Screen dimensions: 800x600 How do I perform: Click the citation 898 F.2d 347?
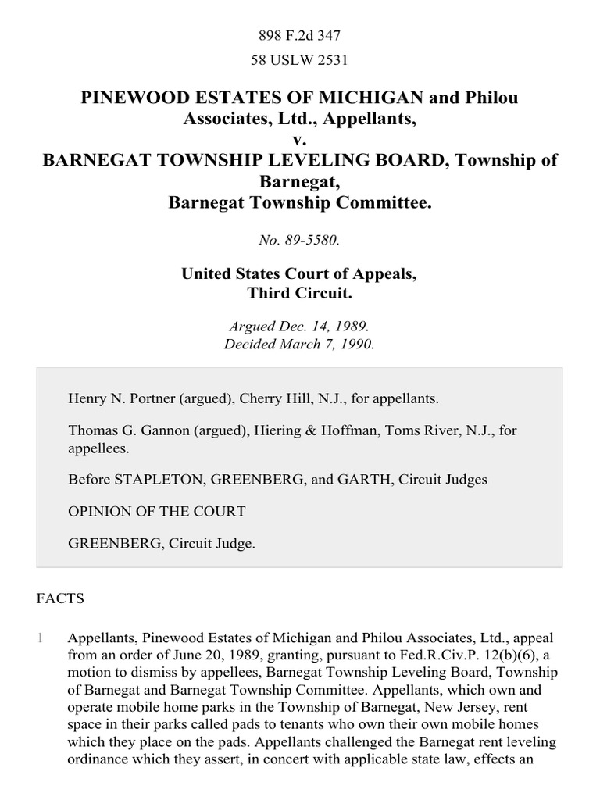299,35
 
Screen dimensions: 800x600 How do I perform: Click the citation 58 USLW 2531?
299,59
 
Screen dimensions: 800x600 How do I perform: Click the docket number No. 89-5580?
299,241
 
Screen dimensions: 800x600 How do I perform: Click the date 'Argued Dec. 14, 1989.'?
299,326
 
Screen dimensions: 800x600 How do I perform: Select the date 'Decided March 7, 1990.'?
299,344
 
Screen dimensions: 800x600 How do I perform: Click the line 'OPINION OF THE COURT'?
157,512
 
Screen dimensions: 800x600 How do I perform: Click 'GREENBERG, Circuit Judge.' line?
162,544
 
